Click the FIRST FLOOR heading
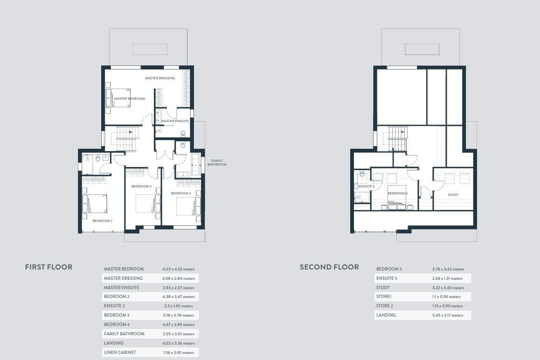(x=48, y=267)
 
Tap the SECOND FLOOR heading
(x=329, y=267)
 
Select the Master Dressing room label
(x=160, y=78)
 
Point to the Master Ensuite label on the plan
(x=175, y=121)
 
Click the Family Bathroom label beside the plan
(x=217, y=163)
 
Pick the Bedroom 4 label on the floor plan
(x=141, y=187)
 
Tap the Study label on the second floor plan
(x=453, y=194)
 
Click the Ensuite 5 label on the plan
(x=366, y=187)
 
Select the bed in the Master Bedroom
(x=118, y=98)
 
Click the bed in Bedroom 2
(x=95, y=204)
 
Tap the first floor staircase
(x=127, y=138)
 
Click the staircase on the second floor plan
(x=398, y=138)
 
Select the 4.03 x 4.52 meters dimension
(x=179, y=269)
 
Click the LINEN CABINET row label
(x=120, y=353)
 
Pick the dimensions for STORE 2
(x=448, y=306)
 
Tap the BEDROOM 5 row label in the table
(x=389, y=269)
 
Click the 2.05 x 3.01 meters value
(x=179, y=334)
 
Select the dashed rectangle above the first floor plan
(x=150, y=49)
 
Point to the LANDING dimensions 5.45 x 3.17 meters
(x=448, y=315)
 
